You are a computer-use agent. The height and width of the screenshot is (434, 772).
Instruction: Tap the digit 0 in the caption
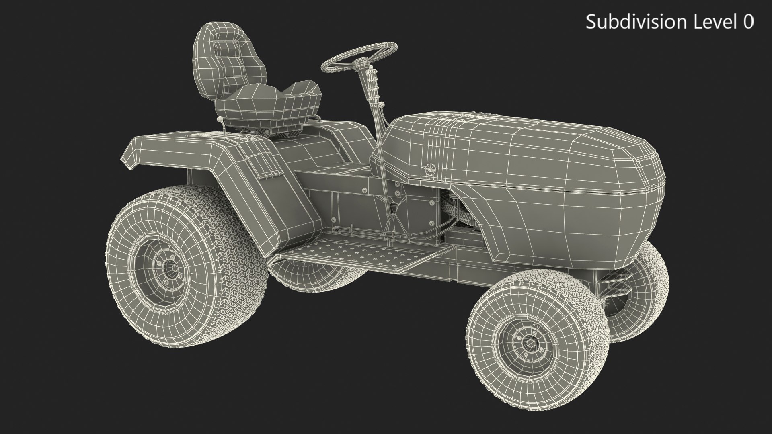pos(748,22)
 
